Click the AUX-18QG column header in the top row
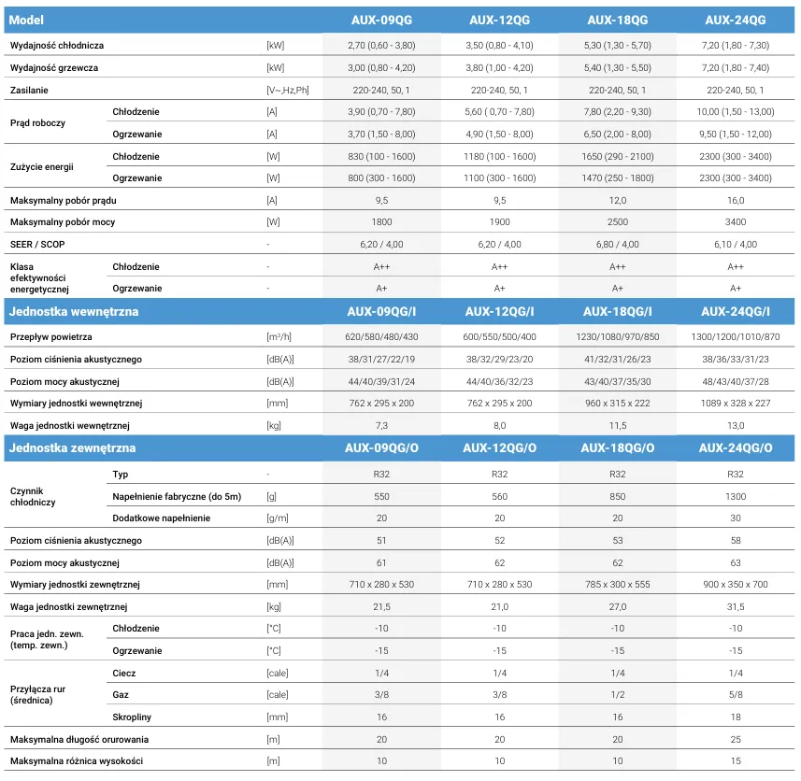[617, 20]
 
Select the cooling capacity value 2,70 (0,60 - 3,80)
[381, 46]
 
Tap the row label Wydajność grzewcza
[54, 68]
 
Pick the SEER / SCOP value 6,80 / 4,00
[617, 245]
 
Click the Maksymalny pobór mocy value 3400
[735, 222]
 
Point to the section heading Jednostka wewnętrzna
[74, 311]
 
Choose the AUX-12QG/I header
[499, 311]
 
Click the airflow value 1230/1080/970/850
[617, 337]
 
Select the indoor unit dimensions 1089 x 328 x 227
[735, 404]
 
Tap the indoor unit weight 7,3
[381, 426]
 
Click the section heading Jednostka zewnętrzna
[73, 447]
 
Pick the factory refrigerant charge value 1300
[735, 497]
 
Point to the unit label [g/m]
[277, 518]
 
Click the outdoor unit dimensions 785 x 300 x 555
[617, 585]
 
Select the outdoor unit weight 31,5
[735, 607]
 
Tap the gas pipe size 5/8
[735, 695]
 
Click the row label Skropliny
[132, 717]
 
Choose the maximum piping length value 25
[735, 740]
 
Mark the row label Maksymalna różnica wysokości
[77, 761]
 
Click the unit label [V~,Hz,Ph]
[288, 91]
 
